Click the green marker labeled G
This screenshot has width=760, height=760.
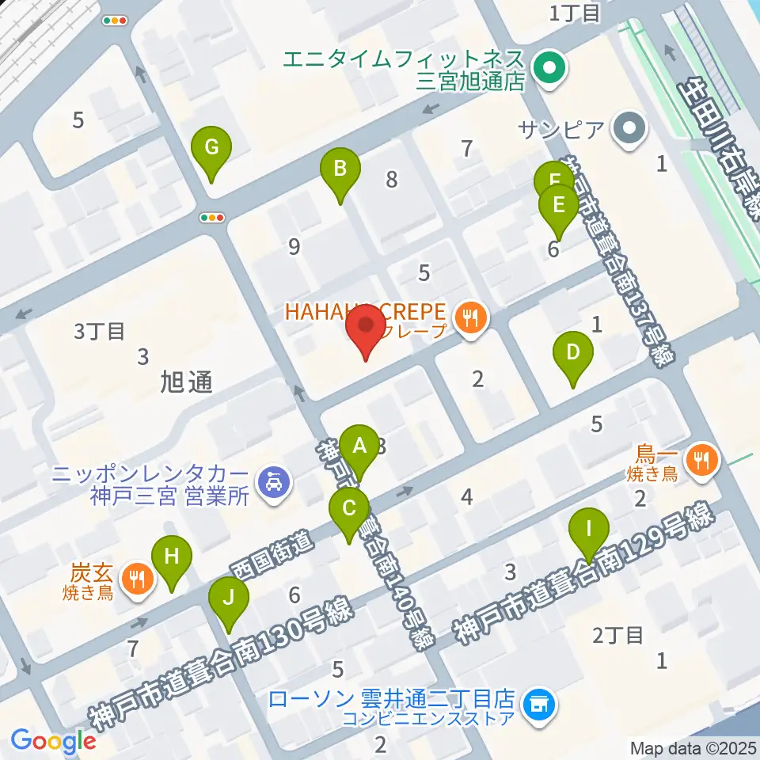click(x=211, y=148)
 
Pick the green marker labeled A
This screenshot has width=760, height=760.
click(x=360, y=447)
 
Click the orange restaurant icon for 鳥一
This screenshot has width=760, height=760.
click(x=701, y=457)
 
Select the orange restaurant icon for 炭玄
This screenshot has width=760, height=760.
click(x=138, y=578)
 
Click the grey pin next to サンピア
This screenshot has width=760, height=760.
click(x=631, y=128)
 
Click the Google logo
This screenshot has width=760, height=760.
click(x=53, y=741)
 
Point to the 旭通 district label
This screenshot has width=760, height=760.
click(x=186, y=382)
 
